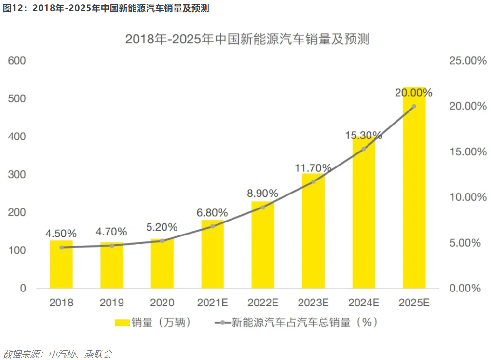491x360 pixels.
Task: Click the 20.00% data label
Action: (x=414, y=93)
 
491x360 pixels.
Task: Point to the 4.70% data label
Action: (x=111, y=232)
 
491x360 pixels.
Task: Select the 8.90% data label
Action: (x=262, y=194)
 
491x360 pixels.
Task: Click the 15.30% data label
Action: (x=363, y=136)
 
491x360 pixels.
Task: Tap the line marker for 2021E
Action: (x=212, y=226)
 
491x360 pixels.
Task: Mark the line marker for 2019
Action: (x=112, y=246)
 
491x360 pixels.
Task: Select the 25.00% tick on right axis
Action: (x=465, y=61)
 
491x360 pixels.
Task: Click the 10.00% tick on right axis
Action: (x=465, y=197)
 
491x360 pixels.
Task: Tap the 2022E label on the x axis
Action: (x=262, y=303)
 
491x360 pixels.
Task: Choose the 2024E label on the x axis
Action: (x=363, y=303)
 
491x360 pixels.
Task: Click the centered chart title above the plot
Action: (x=247, y=40)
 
